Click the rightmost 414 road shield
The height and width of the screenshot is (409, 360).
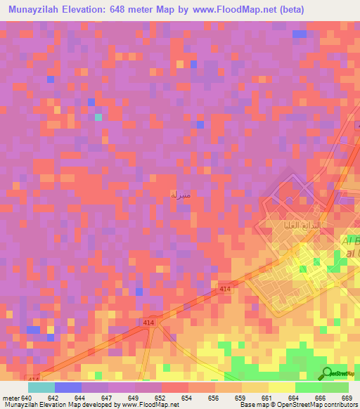tap(225, 289)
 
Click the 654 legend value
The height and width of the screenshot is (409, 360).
tap(187, 398)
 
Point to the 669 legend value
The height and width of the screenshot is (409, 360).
tap(347, 398)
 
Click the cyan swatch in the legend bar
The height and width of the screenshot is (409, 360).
tap(41, 387)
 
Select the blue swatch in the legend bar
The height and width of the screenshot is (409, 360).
tap(67, 387)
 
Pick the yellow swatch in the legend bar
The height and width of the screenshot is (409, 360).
tap(281, 387)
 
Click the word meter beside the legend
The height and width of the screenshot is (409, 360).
tap(11, 398)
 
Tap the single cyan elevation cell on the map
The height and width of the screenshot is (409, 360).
tap(98, 117)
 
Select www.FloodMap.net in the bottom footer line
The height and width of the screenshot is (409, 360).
tap(149, 405)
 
